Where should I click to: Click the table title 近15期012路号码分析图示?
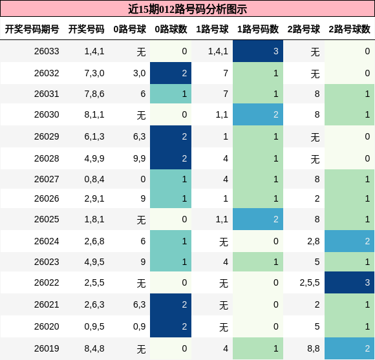coord(187,9)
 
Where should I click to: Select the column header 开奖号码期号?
coord(32,29)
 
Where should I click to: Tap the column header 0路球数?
coord(171,29)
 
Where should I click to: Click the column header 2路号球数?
coord(349,29)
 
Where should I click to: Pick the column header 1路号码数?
coord(258,29)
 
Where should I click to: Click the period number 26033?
coord(47,52)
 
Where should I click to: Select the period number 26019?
coord(47,348)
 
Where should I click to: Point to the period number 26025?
coord(47,219)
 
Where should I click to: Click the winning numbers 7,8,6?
coord(94,94)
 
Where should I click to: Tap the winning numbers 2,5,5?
coord(94,282)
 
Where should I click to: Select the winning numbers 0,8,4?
coord(94,179)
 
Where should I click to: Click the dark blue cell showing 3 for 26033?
coord(258,51)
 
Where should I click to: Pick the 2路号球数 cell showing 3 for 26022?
coord(349,282)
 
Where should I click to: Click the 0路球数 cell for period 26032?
coord(171,73)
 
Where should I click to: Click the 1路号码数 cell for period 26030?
coord(258,114)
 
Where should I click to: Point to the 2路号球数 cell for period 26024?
coord(349,241)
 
